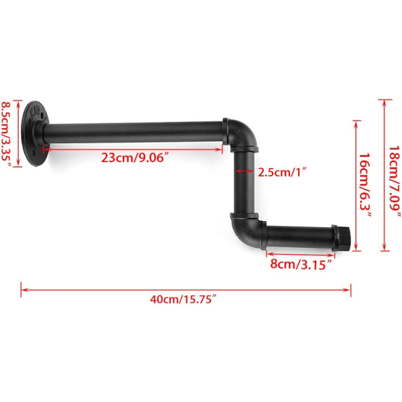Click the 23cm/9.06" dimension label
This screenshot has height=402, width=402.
(136, 157)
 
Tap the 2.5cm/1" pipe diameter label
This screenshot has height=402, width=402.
(282, 172)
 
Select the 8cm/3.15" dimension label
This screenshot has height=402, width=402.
(301, 264)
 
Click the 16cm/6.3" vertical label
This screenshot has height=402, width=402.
(365, 185)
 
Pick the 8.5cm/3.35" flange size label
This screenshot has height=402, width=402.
(7, 134)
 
